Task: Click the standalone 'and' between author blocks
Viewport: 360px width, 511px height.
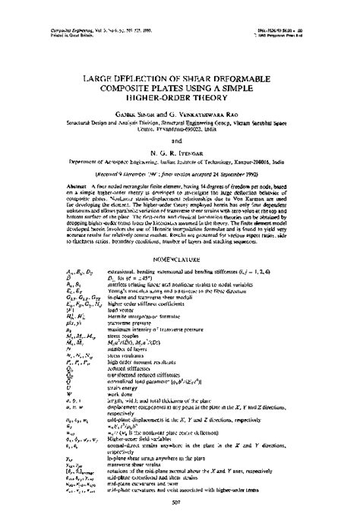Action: click(181, 127)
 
